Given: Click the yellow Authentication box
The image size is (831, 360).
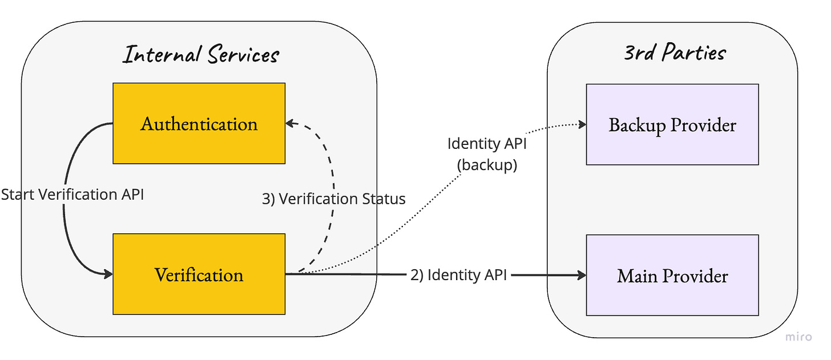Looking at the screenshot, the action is point(199,123).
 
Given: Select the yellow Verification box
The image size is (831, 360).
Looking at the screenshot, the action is point(199,274).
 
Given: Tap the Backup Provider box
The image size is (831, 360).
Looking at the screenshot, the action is point(672,124).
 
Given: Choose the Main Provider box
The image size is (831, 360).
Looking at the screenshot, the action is point(672,275).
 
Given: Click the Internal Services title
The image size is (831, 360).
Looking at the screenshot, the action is point(201,54).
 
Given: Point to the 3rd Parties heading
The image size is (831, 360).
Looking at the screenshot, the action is point(675,52).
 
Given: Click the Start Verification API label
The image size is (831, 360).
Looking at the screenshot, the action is point(72,195).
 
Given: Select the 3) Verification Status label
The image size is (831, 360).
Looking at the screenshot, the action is point(333,199).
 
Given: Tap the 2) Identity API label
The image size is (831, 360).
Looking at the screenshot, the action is point(458,275).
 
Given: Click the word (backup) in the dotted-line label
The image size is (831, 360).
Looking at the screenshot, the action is point(487,165).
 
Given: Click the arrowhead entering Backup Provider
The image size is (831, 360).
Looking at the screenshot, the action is point(582,124).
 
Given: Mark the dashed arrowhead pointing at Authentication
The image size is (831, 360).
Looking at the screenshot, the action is point(291,123).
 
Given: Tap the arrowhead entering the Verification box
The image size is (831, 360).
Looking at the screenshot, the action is point(108,274).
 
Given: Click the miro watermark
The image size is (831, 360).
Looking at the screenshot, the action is point(798,337).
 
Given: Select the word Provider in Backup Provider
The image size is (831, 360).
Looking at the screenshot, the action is point(703,125).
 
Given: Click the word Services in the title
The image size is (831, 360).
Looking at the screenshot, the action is point(243,54).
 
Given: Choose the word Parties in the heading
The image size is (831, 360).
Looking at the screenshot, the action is point(694,52).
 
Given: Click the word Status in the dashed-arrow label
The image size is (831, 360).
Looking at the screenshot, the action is point(384,199).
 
